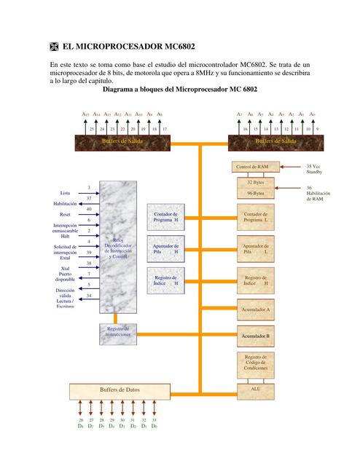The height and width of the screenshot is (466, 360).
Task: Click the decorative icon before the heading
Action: (x=53, y=46)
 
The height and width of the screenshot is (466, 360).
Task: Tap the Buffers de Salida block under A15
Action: (x=122, y=140)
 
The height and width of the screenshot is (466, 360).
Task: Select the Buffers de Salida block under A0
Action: (x=275, y=140)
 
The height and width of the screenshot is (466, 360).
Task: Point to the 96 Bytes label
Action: (x=255, y=194)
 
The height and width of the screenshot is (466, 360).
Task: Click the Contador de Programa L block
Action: (x=255, y=216)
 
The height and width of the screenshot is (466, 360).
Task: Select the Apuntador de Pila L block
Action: (x=255, y=249)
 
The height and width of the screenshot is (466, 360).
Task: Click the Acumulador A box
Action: (x=255, y=309)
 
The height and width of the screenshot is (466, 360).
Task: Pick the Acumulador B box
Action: (x=255, y=336)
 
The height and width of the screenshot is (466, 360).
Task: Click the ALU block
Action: (x=255, y=390)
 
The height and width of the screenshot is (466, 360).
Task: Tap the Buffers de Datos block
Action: (x=120, y=391)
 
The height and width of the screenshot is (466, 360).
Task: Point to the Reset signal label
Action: (x=65, y=215)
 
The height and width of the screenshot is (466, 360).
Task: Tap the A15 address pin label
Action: (x=85, y=114)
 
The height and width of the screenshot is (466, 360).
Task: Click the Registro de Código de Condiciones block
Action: (x=255, y=363)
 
